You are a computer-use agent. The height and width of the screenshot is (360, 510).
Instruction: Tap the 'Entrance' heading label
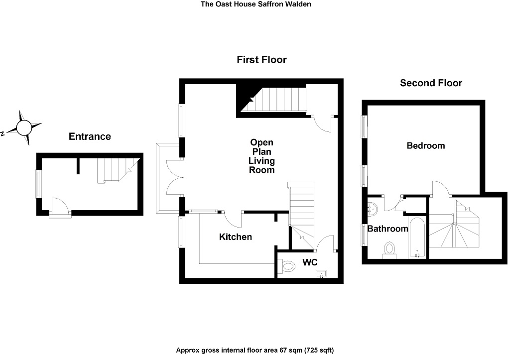tap(90, 136)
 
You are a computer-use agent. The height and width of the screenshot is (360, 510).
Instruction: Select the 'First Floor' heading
tap(261, 60)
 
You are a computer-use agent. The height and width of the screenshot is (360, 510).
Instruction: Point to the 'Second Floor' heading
tap(431, 83)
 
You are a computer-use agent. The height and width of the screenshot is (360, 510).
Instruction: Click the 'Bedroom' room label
tap(425, 146)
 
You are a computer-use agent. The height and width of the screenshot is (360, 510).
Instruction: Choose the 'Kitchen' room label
tap(236, 237)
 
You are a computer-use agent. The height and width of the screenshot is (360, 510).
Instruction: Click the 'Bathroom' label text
tap(388, 229)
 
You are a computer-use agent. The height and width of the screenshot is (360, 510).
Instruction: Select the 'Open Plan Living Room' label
tap(262, 156)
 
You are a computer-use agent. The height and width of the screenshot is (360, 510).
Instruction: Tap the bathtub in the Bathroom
tap(416, 237)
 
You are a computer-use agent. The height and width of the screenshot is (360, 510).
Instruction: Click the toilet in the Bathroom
tap(389, 248)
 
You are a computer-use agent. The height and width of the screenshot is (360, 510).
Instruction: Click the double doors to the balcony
tap(173, 176)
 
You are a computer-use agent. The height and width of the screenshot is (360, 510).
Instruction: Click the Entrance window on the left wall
tap(38, 184)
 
